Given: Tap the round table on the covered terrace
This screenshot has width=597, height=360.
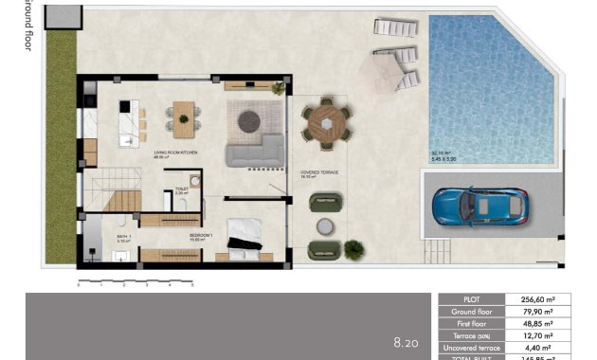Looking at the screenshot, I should click(326, 123).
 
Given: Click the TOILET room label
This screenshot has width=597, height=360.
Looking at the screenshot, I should click(182, 189).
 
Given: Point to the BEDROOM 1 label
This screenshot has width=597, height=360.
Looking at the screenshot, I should click(202, 234).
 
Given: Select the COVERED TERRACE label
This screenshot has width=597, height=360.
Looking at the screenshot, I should click(319, 172).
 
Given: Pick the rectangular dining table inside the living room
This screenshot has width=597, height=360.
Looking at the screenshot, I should click(182, 118).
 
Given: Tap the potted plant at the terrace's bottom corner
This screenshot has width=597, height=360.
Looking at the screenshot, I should click(353, 249).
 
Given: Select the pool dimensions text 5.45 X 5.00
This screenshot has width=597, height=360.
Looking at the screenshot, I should click(444, 158).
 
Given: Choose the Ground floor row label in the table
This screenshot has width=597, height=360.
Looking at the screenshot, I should click(472, 311).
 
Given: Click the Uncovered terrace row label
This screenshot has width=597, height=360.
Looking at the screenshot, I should click(472, 348).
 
